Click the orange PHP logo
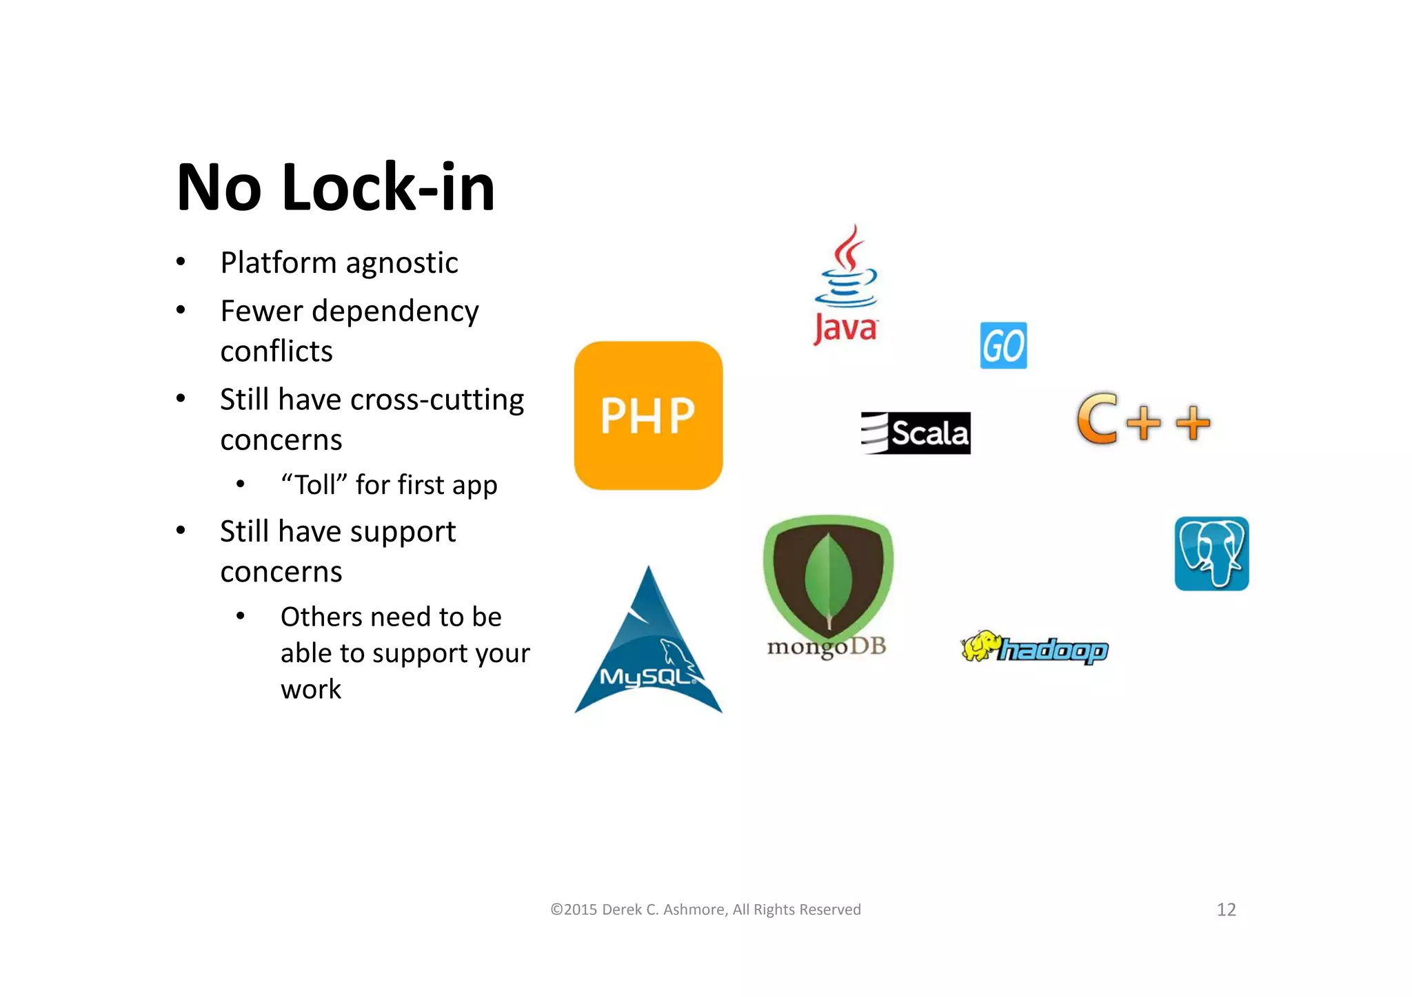point(648,415)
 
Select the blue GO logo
point(1003,345)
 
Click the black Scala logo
point(916,433)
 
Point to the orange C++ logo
point(1143,419)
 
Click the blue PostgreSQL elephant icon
point(1211,553)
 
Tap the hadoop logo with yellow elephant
point(1034,648)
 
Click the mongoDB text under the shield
point(827,646)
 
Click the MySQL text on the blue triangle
point(647,677)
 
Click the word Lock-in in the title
point(388,187)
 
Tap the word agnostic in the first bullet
point(402,263)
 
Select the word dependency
point(395,311)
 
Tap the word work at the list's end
point(311,689)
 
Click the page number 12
point(1226,909)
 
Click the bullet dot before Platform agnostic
point(181,262)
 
